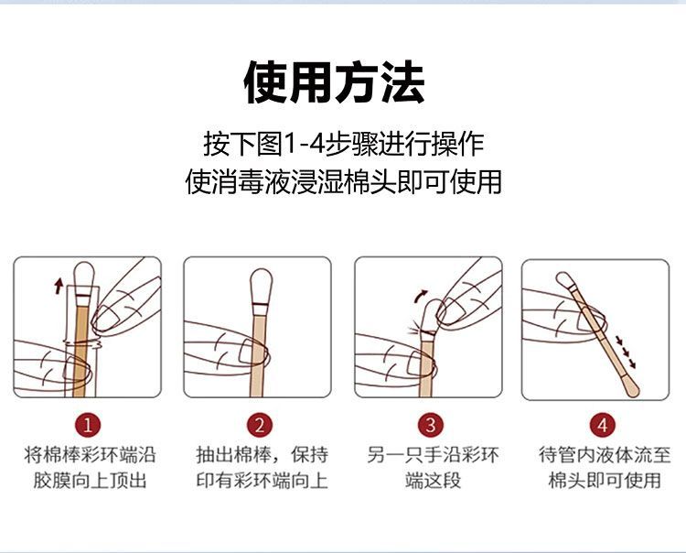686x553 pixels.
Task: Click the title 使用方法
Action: click(x=334, y=83)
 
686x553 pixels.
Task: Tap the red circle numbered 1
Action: click(x=87, y=424)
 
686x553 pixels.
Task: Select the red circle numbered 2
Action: click(x=260, y=424)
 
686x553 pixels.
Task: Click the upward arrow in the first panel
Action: click(x=59, y=286)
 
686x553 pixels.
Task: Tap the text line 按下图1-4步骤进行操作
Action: click(x=343, y=144)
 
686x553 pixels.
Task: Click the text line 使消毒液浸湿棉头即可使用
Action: click(x=343, y=180)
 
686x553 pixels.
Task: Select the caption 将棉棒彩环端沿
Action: click(x=89, y=455)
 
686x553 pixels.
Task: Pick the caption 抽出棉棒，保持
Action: click(x=261, y=455)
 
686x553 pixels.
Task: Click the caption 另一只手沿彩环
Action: click(x=433, y=455)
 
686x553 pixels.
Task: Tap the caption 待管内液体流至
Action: click(x=604, y=455)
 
